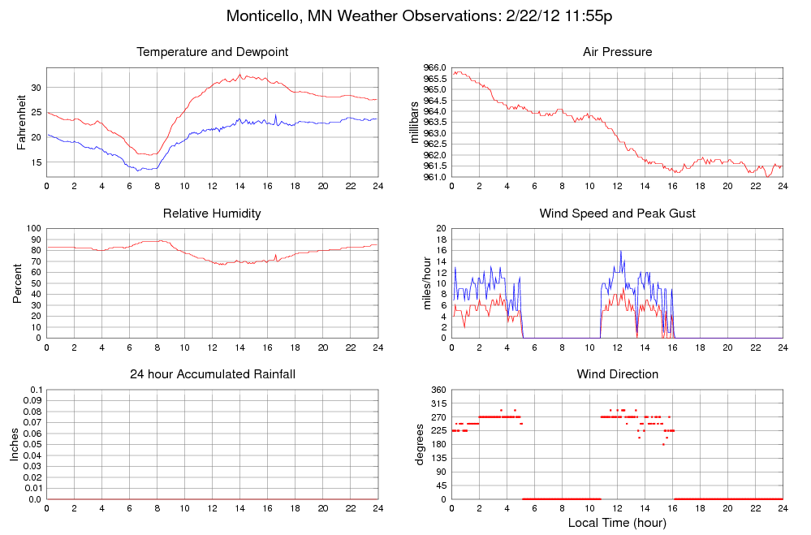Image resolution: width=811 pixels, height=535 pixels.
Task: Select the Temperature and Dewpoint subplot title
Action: pos(213,52)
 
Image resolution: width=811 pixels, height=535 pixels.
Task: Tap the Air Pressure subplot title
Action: pos(617,52)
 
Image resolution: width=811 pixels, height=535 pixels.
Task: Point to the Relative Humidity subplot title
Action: pos(213,214)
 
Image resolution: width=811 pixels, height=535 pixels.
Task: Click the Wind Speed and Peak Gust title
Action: pos(617,214)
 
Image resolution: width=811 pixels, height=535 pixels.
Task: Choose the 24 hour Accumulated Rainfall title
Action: pos(213,374)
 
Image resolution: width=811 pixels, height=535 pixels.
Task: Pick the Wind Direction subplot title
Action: pos(617,374)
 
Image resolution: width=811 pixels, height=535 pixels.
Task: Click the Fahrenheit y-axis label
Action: pos(22,122)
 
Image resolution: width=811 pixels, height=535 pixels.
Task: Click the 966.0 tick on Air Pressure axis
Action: pos(436,67)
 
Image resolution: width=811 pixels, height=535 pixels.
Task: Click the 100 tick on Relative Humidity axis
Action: pos(32,229)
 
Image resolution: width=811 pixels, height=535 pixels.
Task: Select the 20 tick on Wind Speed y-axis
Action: pos(442,229)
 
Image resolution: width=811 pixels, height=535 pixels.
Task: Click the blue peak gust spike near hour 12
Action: pos(621,251)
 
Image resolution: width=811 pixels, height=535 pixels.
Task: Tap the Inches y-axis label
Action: pos(15,444)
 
